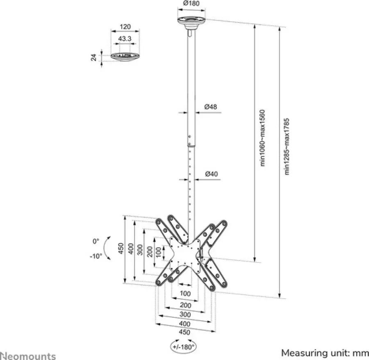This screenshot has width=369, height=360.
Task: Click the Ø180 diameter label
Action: (191, 3)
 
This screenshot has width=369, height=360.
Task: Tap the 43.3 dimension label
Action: (125, 38)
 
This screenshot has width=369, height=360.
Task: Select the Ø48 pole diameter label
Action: (211, 107)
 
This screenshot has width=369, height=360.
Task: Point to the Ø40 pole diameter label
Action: (211, 174)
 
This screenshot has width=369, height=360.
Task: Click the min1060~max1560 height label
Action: (262, 138)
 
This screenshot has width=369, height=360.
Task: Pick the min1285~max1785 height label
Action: (287, 146)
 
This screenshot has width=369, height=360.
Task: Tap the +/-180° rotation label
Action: (184, 346)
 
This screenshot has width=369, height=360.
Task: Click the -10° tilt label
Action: (96, 256)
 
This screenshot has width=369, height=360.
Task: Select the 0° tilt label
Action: (96, 241)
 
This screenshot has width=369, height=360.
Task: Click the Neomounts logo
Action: (28, 356)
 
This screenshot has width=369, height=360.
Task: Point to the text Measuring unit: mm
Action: (325, 353)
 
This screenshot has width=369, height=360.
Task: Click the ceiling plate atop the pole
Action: (191, 23)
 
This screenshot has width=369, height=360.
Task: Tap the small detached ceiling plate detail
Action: (125, 57)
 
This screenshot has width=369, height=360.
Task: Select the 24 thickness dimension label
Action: (93, 57)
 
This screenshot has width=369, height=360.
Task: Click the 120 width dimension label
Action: (125, 27)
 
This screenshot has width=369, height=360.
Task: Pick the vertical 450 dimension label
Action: (121, 249)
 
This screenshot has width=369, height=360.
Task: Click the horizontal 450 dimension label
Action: (184, 332)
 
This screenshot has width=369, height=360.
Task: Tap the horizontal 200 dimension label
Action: (185, 305)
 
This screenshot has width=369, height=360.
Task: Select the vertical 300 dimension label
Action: (140, 250)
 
